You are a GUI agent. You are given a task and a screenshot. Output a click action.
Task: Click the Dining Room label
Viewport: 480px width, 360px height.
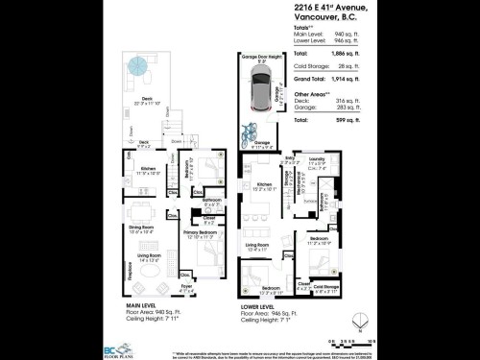[141, 228]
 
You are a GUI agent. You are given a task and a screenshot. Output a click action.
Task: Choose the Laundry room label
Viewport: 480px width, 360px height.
[318, 159]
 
